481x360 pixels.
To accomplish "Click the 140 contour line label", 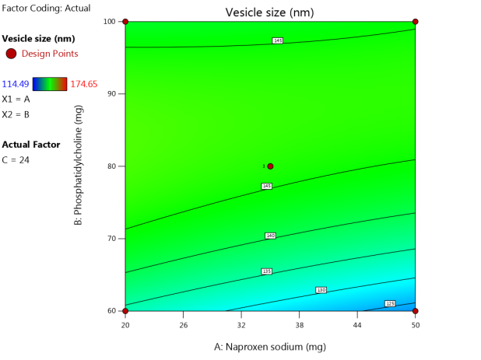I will point(270,236).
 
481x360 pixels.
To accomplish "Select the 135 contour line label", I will point(266,271).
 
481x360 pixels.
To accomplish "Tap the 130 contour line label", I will point(321,290).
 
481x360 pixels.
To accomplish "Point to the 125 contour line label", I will point(390,303).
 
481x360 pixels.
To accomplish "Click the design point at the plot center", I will point(270,166).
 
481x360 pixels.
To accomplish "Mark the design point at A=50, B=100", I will point(416,21).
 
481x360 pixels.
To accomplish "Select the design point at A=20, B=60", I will point(125,311).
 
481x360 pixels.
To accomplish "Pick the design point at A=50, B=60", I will point(416,311).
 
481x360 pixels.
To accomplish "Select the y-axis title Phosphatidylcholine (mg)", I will point(79,166).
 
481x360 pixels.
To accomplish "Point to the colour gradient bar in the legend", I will point(49,84).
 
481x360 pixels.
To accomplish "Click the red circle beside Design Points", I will point(11,54).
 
